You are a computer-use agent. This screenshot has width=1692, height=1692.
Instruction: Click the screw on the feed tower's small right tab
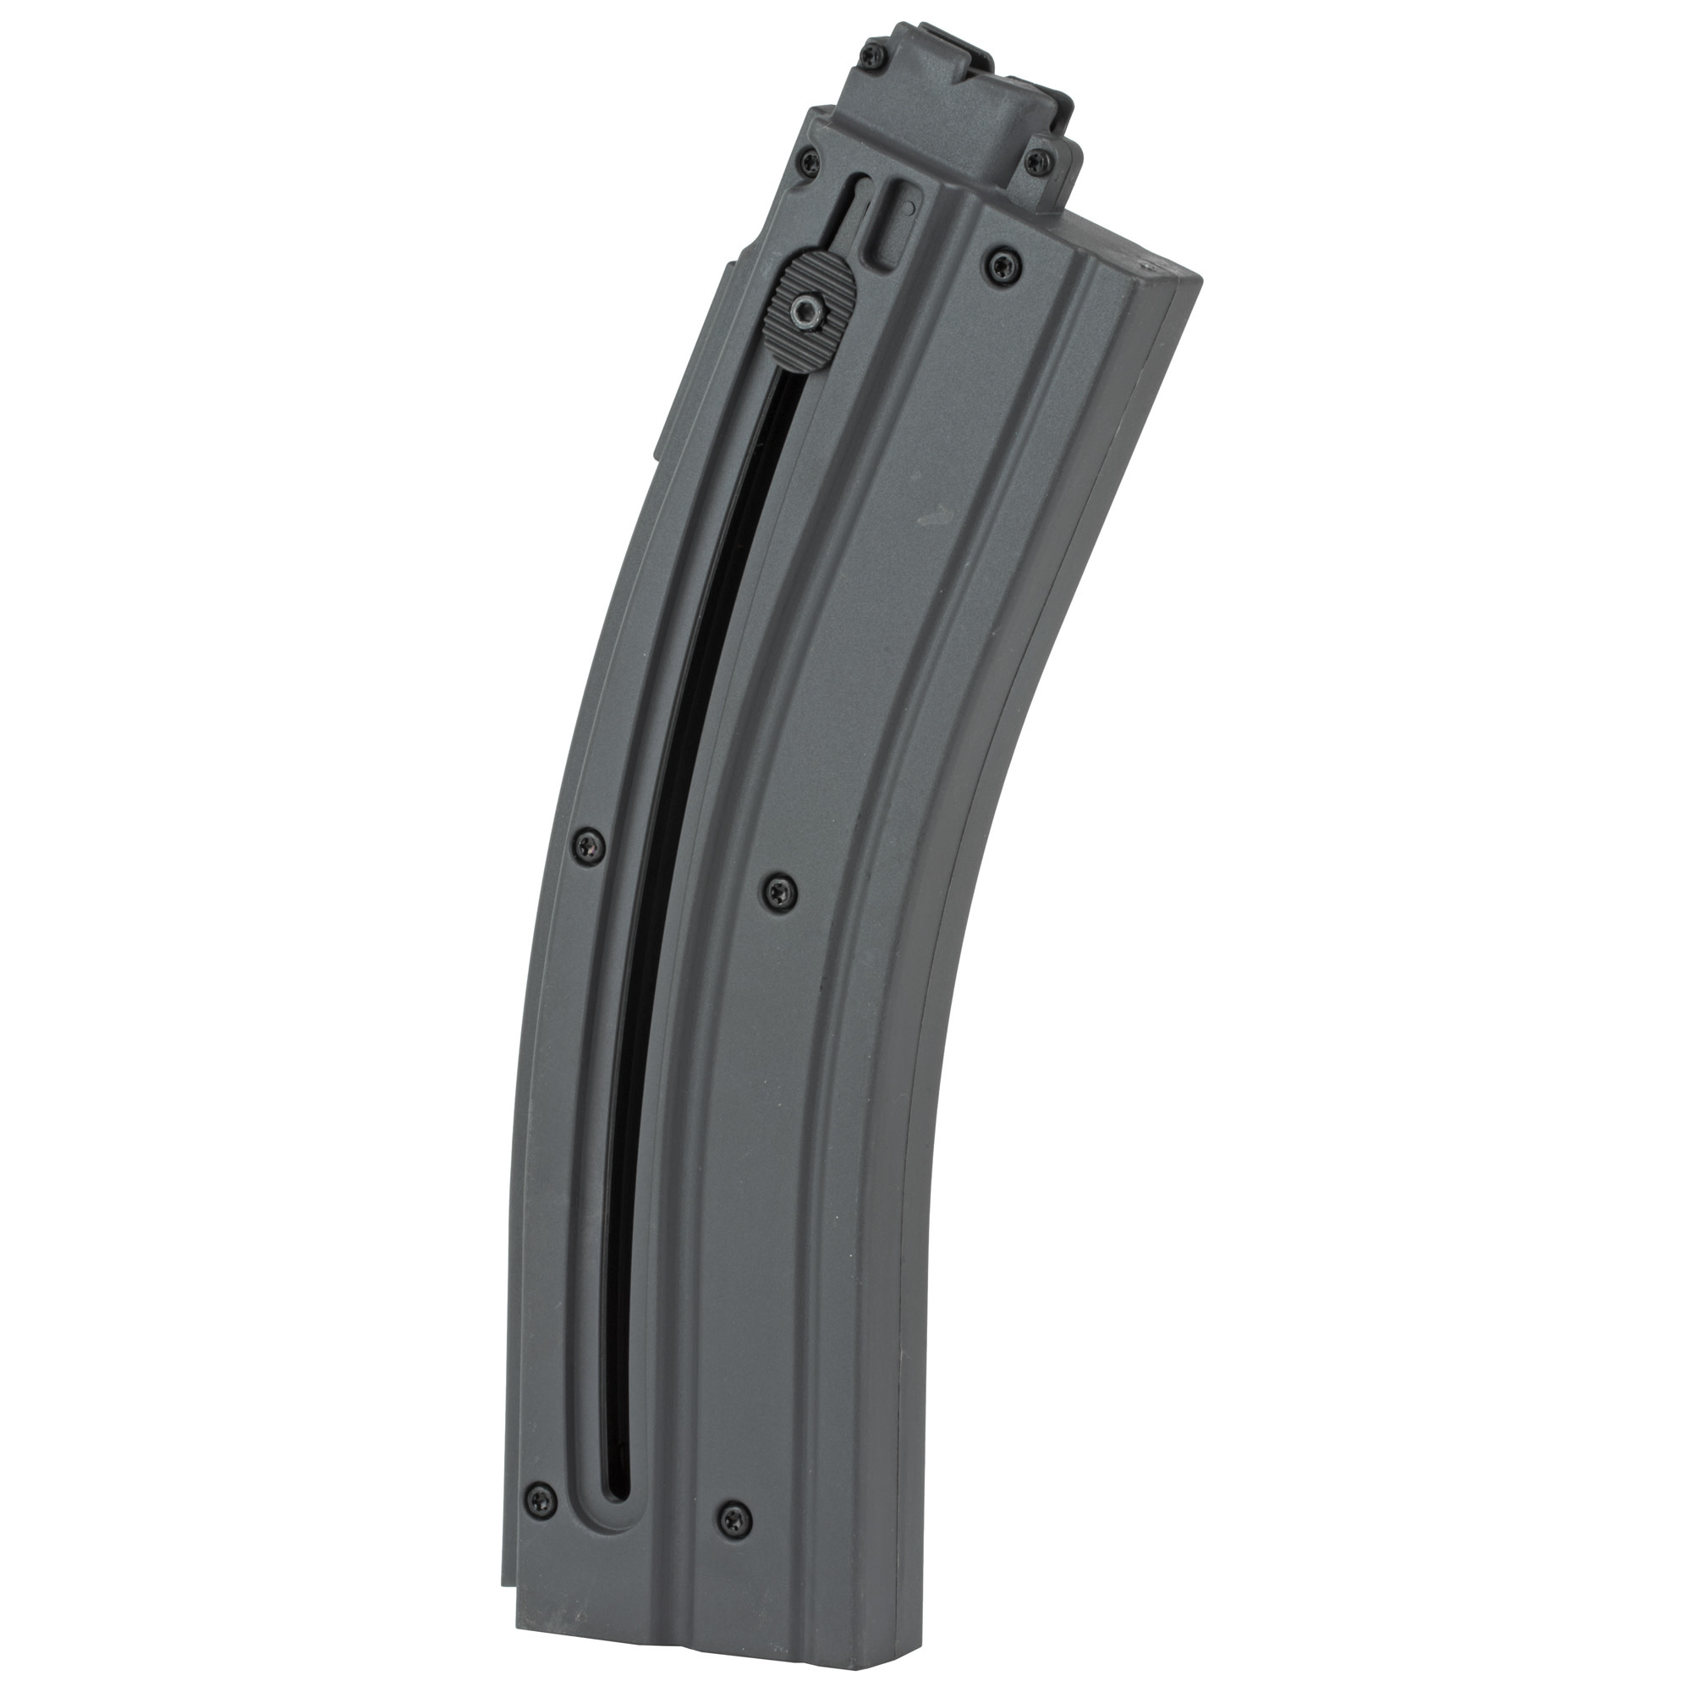[1040, 159]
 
